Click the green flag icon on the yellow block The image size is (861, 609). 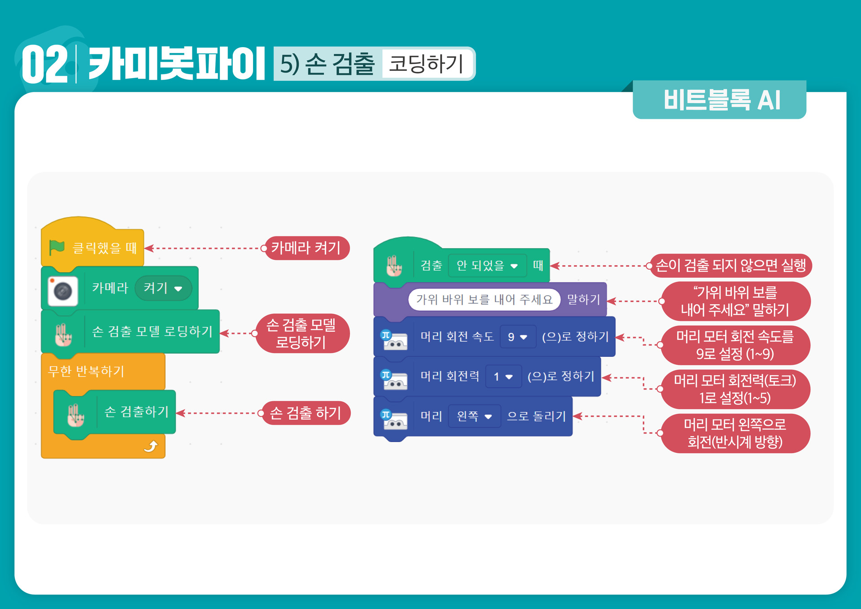point(57,247)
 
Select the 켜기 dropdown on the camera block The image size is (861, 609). point(163,288)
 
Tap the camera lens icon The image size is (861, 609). point(63,291)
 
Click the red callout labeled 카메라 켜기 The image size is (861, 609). point(306,248)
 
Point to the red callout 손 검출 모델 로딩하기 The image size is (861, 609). point(302,333)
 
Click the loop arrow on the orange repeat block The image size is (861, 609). point(151,446)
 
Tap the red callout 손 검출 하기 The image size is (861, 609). point(306,413)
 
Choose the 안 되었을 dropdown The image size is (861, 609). point(487,266)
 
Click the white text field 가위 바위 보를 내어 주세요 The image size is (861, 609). point(484,299)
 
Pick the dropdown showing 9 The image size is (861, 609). point(517,337)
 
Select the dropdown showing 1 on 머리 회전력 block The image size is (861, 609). point(503,377)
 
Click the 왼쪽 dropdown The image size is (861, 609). point(474,416)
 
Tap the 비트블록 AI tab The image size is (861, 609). point(721,100)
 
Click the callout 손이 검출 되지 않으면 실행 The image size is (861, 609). point(730,266)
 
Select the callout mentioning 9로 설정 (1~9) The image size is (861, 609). point(735,345)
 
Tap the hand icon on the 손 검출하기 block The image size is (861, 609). point(75,415)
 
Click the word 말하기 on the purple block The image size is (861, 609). point(583,299)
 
